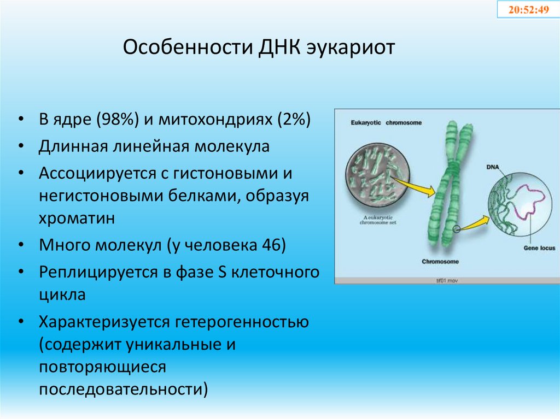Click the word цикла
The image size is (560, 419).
[62, 296]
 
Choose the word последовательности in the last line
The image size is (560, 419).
[123, 389]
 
